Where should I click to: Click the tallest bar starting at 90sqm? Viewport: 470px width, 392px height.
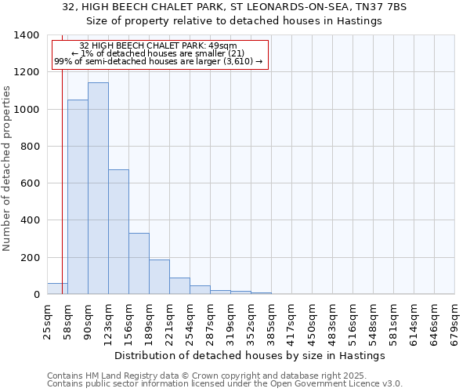point(98,188)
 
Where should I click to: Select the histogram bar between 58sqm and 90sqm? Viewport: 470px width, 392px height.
point(78,197)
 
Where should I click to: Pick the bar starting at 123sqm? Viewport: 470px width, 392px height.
point(118,232)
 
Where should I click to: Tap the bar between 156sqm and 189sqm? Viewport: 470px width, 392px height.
point(139,263)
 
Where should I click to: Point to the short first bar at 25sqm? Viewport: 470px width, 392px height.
point(57,289)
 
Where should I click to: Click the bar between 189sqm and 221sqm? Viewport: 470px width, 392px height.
point(159,277)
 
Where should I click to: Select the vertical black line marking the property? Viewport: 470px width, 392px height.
point(62,157)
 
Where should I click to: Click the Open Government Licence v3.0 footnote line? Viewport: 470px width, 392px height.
point(225,384)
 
